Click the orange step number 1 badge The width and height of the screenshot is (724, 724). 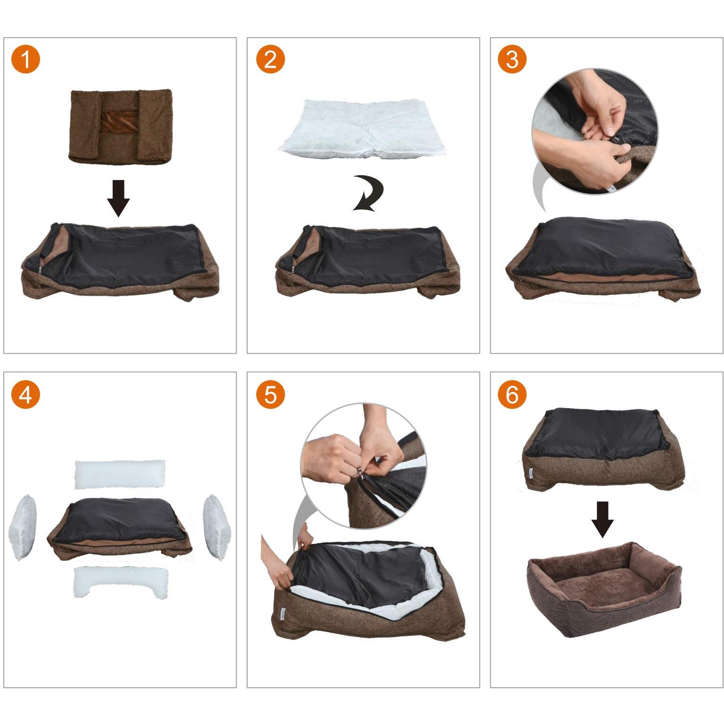coord(25,60)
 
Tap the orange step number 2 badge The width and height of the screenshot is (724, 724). coord(270,60)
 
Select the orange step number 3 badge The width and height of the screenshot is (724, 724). coord(512,60)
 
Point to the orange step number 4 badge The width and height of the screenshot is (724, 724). coord(25,394)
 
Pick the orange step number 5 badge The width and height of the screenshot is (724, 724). coord(270,394)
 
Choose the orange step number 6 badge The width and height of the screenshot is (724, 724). coord(512,394)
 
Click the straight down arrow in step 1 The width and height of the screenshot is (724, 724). coord(118,198)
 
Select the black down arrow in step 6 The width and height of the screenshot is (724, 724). coord(602,520)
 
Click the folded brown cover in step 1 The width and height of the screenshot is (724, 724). coord(121,126)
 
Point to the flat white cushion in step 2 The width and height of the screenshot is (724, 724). coord(362,128)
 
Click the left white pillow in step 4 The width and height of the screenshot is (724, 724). coord(23,527)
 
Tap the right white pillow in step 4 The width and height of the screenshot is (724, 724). coord(217,527)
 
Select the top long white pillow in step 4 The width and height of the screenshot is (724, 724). coord(121,474)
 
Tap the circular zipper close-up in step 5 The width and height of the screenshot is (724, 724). coord(364,465)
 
